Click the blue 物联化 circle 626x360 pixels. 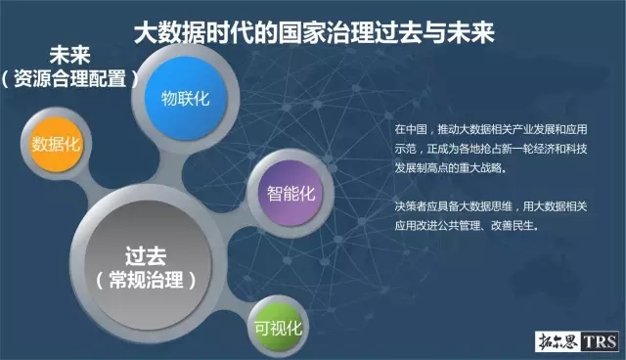point(185,99)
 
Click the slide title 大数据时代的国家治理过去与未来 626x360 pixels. point(313,32)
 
